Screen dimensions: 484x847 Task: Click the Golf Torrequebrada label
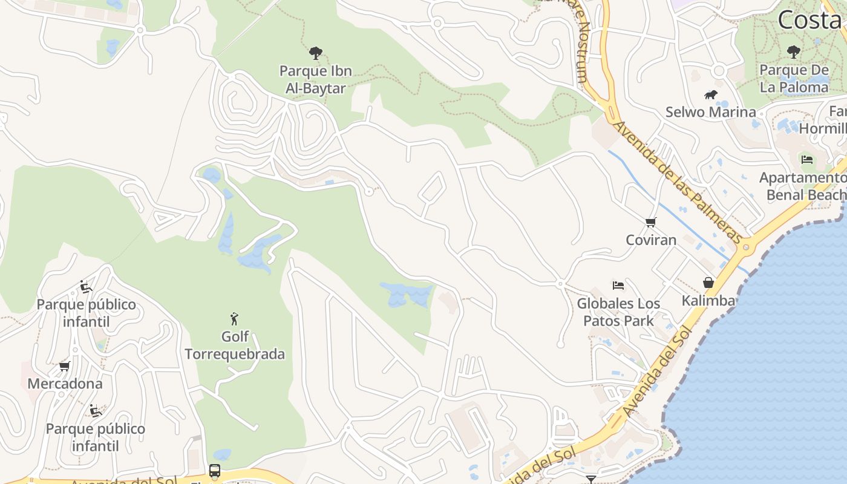pos(235,345)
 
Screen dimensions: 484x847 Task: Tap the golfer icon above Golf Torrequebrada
pos(235,319)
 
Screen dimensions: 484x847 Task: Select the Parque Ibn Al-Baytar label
pos(315,79)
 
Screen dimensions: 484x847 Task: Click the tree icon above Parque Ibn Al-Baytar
pos(315,53)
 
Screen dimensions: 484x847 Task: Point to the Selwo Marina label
pos(710,112)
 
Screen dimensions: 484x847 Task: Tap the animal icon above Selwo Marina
pos(711,95)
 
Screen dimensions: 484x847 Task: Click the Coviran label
pos(651,240)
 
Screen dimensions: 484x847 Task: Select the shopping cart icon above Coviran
pos(651,222)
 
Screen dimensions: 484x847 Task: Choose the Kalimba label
pos(708,301)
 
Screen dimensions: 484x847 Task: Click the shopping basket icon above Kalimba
pos(708,283)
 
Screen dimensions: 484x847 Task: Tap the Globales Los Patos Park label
pos(618,312)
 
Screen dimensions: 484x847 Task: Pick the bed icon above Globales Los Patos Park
pos(618,286)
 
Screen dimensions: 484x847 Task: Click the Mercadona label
pos(65,384)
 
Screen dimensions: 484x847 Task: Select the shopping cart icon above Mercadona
pos(65,366)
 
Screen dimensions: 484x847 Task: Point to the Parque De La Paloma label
pos(794,78)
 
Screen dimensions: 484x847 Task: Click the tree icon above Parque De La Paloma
pos(794,52)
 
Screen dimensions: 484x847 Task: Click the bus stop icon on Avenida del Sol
pos(215,470)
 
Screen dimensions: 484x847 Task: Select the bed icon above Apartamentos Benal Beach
pos(807,160)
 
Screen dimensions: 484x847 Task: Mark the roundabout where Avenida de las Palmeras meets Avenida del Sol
pos(746,247)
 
